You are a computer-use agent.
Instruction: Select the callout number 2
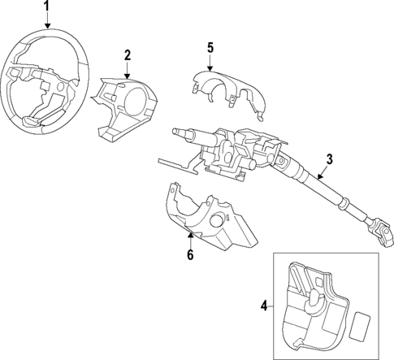click(x=128, y=54)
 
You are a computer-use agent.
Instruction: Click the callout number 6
click(x=191, y=254)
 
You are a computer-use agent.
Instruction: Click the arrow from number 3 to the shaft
click(x=322, y=171)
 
